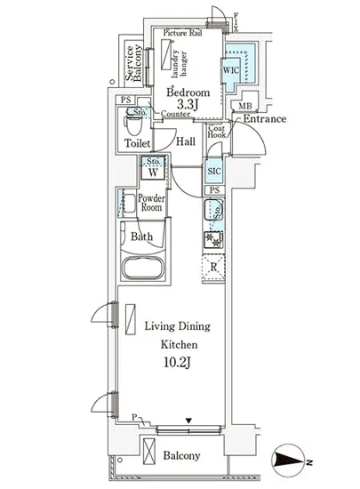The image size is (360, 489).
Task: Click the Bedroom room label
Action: click(x=188, y=92)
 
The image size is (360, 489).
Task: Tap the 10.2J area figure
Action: click(x=177, y=363)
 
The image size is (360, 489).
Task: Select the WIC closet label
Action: click(x=231, y=70)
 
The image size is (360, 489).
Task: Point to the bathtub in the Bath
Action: click(x=143, y=268)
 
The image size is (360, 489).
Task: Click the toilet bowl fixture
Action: click(x=134, y=124)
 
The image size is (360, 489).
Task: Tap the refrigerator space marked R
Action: click(x=213, y=268)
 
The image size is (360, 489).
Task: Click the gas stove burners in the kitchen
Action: click(x=214, y=239)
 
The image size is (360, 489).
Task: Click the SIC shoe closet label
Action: click(x=214, y=171)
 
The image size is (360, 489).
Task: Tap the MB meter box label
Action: click(x=245, y=106)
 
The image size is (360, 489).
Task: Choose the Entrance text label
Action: click(x=265, y=119)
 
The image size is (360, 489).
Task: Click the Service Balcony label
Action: click(x=134, y=63)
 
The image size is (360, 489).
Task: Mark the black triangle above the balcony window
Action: click(x=188, y=421)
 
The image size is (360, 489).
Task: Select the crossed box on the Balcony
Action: click(x=149, y=451)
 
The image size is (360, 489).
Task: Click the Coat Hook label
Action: click(x=217, y=132)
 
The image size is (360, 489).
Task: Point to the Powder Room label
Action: click(x=151, y=203)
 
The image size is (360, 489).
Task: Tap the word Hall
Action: click(x=186, y=141)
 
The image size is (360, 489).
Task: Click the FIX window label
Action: click(x=236, y=22)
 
